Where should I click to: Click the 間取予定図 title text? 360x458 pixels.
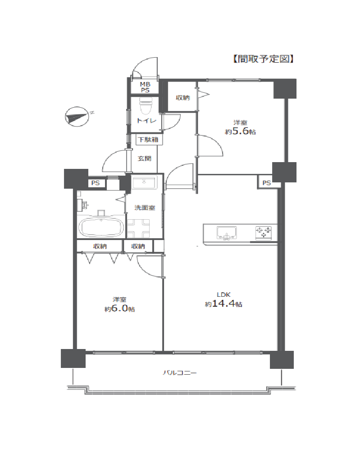[263, 59]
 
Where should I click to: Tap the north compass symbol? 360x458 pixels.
[77, 117]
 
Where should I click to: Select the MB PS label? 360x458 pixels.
[145, 87]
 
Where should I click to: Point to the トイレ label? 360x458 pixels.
[147, 120]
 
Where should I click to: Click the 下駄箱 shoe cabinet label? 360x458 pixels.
[148, 140]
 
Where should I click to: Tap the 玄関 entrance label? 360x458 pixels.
[144, 159]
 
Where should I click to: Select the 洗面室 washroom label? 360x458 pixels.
[145, 208]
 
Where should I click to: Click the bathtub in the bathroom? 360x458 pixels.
[101, 227]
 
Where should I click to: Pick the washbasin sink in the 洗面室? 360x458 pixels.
[144, 182]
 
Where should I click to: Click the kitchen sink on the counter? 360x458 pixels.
[227, 233]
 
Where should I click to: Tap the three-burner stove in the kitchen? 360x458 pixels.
[264, 232]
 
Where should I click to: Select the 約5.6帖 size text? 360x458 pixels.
[240, 132]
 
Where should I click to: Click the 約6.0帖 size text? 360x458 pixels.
[120, 308]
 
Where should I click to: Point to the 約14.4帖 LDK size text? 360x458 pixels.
[223, 304]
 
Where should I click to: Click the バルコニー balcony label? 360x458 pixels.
[180, 373]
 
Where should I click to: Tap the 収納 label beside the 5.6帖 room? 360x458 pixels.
[182, 98]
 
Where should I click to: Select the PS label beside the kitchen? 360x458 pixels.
[266, 183]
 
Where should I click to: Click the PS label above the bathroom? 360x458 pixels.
[96, 183]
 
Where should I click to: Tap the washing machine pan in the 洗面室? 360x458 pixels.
[138, 228]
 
